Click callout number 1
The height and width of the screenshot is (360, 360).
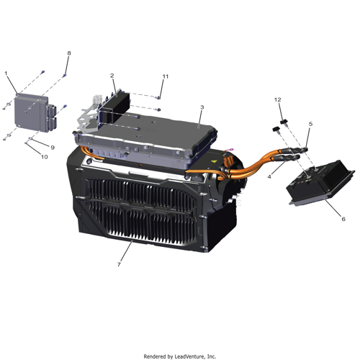point(6,73)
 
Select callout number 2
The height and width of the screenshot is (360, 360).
point(112,76)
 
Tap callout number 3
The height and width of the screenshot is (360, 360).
point(202,107)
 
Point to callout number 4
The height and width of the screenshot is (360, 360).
point(269,177)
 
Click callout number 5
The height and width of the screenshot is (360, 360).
point(310,124)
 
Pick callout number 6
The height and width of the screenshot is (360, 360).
point(343,219)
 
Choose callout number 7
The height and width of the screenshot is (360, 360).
point(119,264)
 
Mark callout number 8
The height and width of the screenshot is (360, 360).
point(69,53)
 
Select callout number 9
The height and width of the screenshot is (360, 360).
point(53,148)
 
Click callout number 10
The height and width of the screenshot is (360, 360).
point(45,157)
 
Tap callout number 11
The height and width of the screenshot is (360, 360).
point(166,76)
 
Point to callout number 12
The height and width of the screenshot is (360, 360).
point(278,99)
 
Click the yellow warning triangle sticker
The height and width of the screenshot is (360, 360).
point(213,161)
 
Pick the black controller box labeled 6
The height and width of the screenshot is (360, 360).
point(321,182)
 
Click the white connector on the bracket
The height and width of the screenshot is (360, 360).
point(98,99)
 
